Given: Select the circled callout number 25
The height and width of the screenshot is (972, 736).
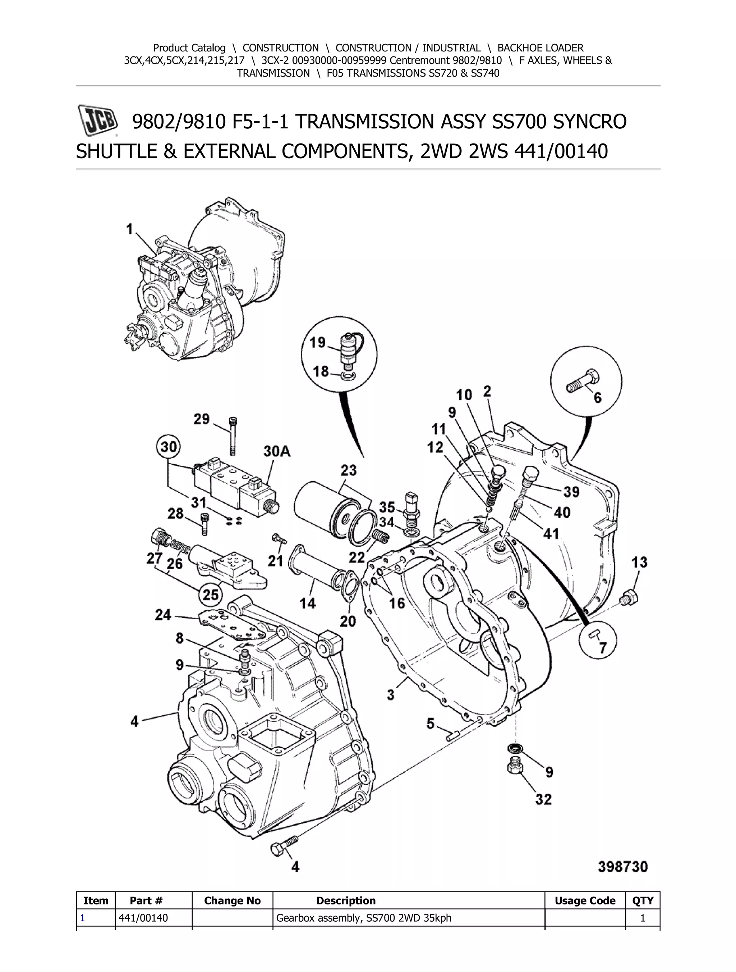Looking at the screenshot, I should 211,595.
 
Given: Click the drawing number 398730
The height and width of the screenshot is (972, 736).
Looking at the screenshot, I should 622,867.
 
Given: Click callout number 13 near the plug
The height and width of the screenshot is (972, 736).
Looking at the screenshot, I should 639,562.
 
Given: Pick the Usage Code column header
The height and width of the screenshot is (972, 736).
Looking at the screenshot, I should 584,901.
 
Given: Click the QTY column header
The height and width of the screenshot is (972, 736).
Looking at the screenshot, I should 643,901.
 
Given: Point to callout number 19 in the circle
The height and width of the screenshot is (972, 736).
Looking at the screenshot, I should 317,342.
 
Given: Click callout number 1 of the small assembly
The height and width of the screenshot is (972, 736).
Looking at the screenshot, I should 129,229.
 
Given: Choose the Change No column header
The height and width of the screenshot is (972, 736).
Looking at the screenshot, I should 232,901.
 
